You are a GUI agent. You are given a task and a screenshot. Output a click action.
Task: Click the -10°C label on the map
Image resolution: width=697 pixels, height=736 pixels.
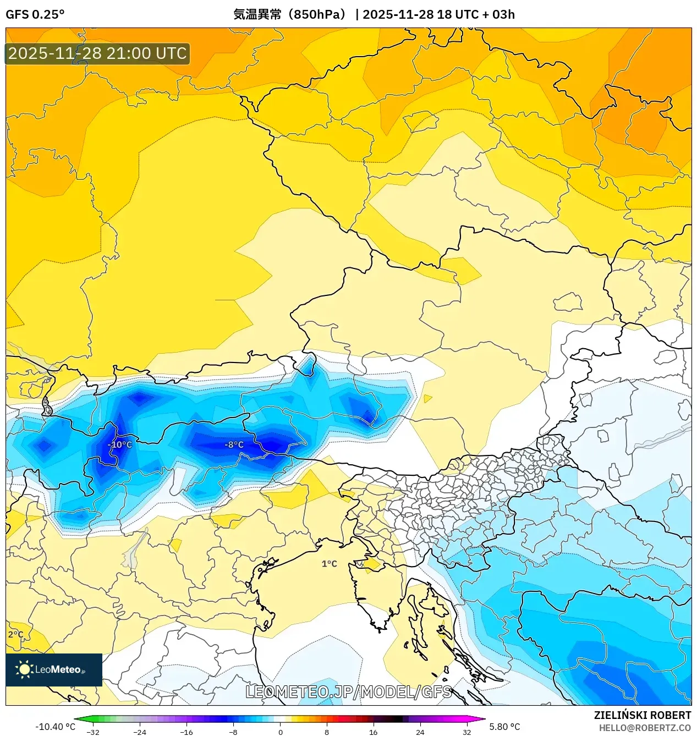(120, 444)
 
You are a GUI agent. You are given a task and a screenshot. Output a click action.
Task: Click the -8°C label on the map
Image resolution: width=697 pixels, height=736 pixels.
(234, 444)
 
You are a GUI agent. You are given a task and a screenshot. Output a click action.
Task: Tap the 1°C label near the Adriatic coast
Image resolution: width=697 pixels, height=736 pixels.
(329, 564)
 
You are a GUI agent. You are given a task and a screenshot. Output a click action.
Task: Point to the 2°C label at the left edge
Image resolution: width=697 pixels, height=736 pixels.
(15, 634)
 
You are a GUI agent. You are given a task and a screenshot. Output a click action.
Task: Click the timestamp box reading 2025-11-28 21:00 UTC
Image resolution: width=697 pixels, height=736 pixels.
(97, 53)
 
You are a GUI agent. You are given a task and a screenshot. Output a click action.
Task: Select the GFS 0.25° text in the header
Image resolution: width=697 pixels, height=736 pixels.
(35, 14)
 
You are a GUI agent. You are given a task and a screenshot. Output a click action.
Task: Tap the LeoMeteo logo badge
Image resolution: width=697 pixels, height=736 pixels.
(54, 669)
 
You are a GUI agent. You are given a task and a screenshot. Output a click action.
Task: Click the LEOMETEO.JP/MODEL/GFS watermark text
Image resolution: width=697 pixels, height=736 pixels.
(348, 691)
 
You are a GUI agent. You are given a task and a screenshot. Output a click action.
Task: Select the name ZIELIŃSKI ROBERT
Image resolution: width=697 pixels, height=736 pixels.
(642, 715)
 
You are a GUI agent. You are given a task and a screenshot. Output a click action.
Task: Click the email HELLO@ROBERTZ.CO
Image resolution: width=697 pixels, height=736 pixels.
(645, 728)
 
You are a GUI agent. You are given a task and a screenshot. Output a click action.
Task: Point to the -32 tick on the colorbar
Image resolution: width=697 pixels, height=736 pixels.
(93, 732)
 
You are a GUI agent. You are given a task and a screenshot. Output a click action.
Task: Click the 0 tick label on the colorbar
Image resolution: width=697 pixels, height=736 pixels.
(280, 732)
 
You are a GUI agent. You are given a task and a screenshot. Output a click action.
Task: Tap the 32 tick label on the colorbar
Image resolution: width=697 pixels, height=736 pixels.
(467, 732)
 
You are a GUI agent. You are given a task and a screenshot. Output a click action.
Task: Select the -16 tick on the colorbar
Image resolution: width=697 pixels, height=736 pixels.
(186, 732)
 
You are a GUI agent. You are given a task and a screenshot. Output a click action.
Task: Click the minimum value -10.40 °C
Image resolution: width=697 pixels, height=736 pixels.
(55, 727)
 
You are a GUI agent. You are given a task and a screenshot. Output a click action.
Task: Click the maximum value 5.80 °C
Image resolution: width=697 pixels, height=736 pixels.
(504, 727)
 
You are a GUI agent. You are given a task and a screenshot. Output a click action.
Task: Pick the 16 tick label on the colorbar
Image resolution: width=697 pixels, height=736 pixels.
(373, 732)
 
